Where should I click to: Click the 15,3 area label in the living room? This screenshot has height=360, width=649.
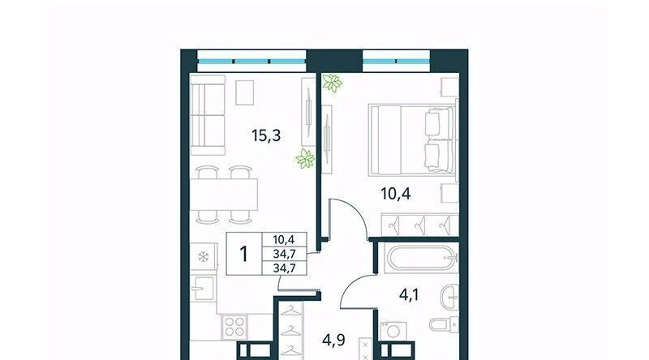click(266, 135)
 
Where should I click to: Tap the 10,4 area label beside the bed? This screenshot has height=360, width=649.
click(396, 193)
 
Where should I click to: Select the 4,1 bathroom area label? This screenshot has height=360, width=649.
click(409, 295)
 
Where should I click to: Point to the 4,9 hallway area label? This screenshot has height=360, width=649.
click(334, 340)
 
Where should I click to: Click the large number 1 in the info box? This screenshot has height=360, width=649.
click(244, 254)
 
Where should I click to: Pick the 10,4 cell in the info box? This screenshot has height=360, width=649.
click(284, 239)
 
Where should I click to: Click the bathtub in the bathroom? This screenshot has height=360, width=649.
click(420, 259)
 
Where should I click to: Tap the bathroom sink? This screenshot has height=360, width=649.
click(450, 297)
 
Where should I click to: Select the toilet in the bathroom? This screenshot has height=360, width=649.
click(444, 325)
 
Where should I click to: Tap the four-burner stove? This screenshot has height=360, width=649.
click(234, 326)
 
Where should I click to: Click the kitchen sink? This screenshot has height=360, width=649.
click(203, 288)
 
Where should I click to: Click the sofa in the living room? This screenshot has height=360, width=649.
click(208, 115)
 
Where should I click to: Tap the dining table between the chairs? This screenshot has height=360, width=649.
click(224, 195)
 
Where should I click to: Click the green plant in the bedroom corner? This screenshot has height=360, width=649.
click(333, 83)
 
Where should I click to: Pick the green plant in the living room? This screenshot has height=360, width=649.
click(305, 159)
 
